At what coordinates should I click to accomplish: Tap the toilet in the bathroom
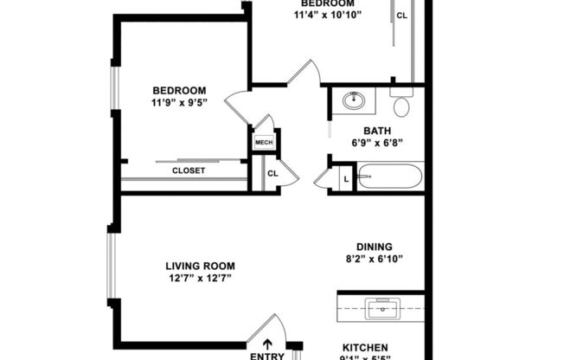pyautogui.click(x=401, y=106)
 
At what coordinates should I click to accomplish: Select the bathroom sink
pyautogui.click(x=353, y=100)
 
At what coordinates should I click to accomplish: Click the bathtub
pyautogui.click(x=389, y=177)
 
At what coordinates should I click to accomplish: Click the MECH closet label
pyautogui.click(x=263, y=142)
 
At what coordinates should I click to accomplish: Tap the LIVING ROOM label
pyautogui.click(x=200, y=266)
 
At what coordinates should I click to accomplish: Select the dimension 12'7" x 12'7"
pyautogui.click(x=200, y=278)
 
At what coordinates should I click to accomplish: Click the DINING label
pyautogui.click(x=374, y=246)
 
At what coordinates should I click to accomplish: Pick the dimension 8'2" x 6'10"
pyautogui.click(x=374, y=258)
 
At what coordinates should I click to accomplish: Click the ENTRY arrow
pyautogui.click(x=267, y=344)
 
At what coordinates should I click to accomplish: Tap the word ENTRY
pyautogui.click(x=266, y=356)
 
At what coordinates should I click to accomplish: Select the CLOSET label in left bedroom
pyautogui.click(x=189, y=170)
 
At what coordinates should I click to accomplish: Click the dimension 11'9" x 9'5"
pyautogui.click(x=179, y=103)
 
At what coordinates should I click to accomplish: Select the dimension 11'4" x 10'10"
pyautogui.click(x=327, y=15)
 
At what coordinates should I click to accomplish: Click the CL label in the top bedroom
pyautogui.click(x=401, y=16)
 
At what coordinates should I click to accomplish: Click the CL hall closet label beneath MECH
pyautogui.click(x=272, y=173)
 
